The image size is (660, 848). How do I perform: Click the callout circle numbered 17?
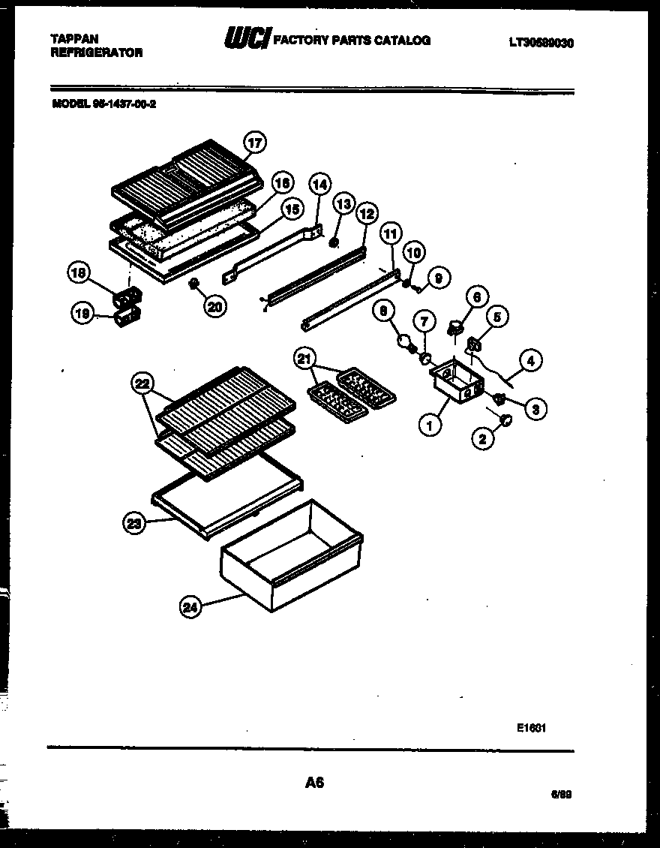click(256, 142)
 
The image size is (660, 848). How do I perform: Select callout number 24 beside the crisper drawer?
click(191, 608)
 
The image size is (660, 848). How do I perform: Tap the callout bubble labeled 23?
click(134, 525)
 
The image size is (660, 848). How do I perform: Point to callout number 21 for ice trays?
click(304, 360)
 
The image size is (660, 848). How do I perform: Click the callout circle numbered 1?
click(429, 426)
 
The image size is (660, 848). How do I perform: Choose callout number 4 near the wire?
click(530, 360)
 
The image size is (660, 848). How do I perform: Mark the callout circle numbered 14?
click(319, 183)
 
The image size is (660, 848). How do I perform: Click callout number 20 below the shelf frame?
click(215, 306)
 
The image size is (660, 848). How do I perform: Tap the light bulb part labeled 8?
click(407, 344)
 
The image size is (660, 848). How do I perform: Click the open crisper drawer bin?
click(292, 555)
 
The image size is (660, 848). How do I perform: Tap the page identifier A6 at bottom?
click(314, 782)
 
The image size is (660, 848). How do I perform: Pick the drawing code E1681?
click(530, 726)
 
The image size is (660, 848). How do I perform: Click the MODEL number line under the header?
click(104, 105)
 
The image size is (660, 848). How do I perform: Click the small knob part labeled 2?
click(506, 418)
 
